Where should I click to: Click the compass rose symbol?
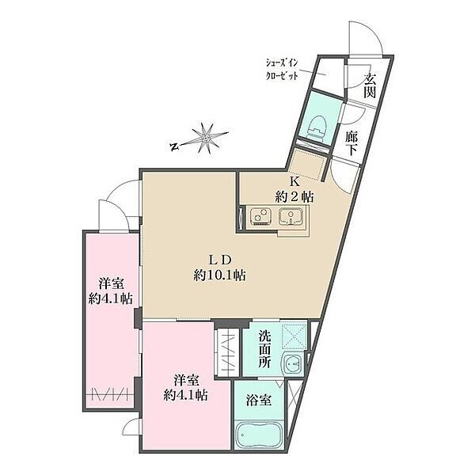pyautogui.click(x=206, y=139)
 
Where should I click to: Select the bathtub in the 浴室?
pyautogui.click(x=258, y=434)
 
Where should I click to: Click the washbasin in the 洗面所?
pyautogui.click(x=292, y=363)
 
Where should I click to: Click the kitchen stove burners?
pyautogui.click(x=260, y=215)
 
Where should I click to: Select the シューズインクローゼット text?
pyautogui.click(x=282, y=70)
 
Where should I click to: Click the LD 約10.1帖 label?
pyautogui.click(x=219, y=268)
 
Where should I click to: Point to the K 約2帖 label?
pyautogui.click(x=294, y=190)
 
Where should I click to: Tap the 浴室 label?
pyautogui.click(x=258, y=401)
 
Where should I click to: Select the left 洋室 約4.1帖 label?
pyautogui.click(x=110, y=291)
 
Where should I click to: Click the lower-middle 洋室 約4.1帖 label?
pyautogui.click(x=186, y=388)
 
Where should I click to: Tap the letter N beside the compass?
pyautogui.click(x=174, y=147)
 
